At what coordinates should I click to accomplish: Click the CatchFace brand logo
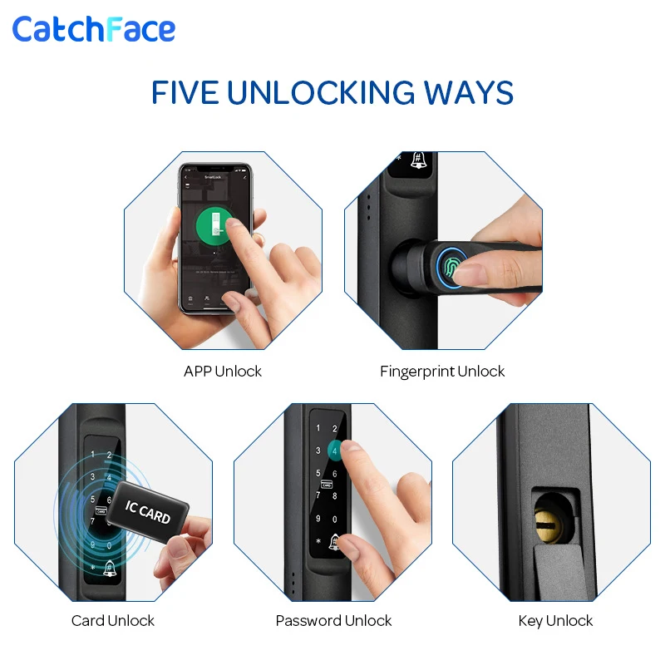(93, 29)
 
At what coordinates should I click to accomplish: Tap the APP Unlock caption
(223, 372)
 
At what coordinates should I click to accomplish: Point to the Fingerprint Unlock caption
(442, 372)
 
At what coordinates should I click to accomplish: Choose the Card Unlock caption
(113, 621)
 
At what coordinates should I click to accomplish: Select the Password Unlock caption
(333, 621)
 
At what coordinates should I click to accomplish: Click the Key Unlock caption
(555, 621)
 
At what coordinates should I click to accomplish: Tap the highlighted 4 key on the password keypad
(334, 451)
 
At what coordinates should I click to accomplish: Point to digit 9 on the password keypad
(317, 519)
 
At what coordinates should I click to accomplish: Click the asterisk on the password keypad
(317, 541)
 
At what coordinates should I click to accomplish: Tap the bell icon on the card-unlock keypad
(110, 568)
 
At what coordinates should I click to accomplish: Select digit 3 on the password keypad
(317, 451)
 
